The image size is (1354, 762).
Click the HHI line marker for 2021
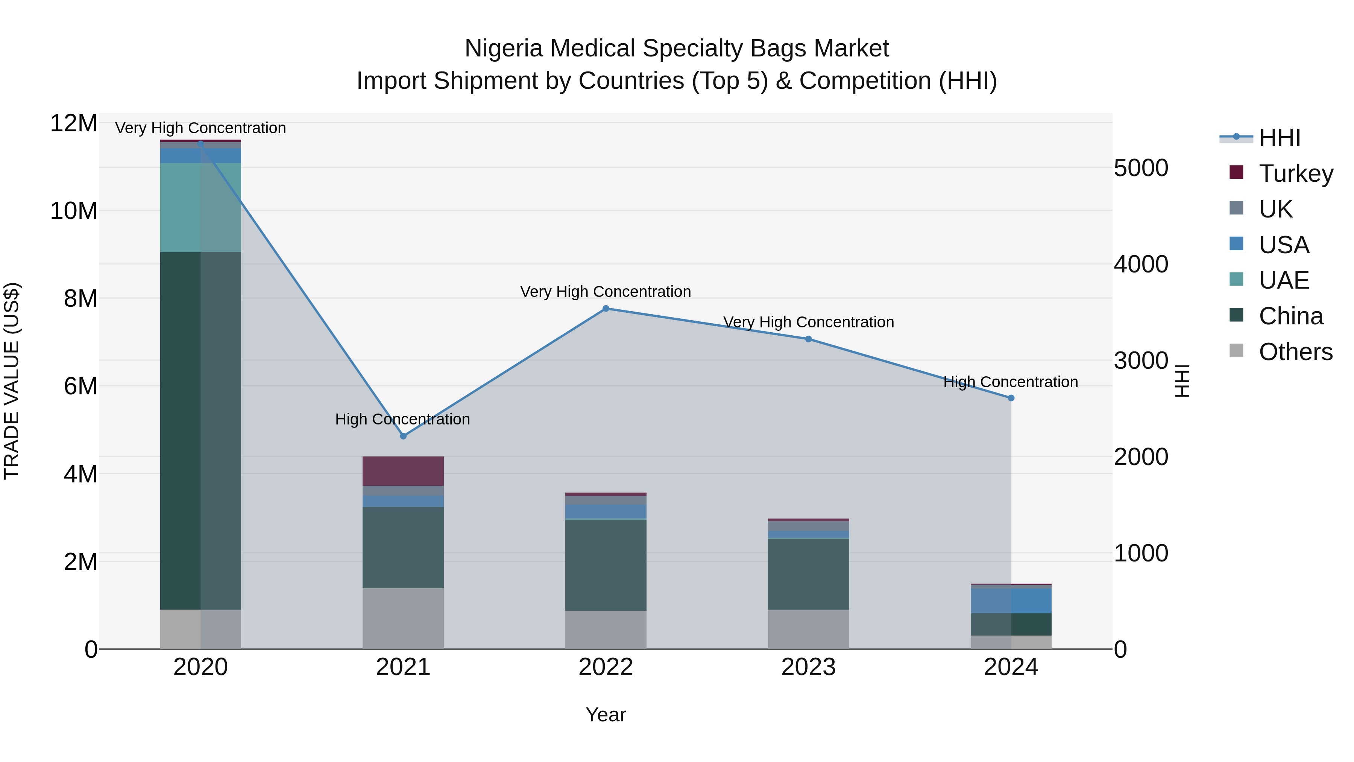point(403,436)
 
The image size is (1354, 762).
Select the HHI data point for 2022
point(606,309)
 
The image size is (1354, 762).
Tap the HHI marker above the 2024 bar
point(1011,398)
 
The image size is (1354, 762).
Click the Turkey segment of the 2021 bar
point(403,471)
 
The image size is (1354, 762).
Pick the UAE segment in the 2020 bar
point(200,207)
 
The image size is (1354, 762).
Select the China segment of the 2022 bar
point(606,565)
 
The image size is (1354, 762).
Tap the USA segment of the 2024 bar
point(1011,601)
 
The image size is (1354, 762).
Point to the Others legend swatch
point(1237,351)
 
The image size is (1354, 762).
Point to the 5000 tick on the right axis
point(1141,168)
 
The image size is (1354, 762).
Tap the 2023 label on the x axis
point(808,667)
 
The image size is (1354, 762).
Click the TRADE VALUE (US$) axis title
point(12,381)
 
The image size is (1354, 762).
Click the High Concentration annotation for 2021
point(402,419)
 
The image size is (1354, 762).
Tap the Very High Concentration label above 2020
point(200,128)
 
